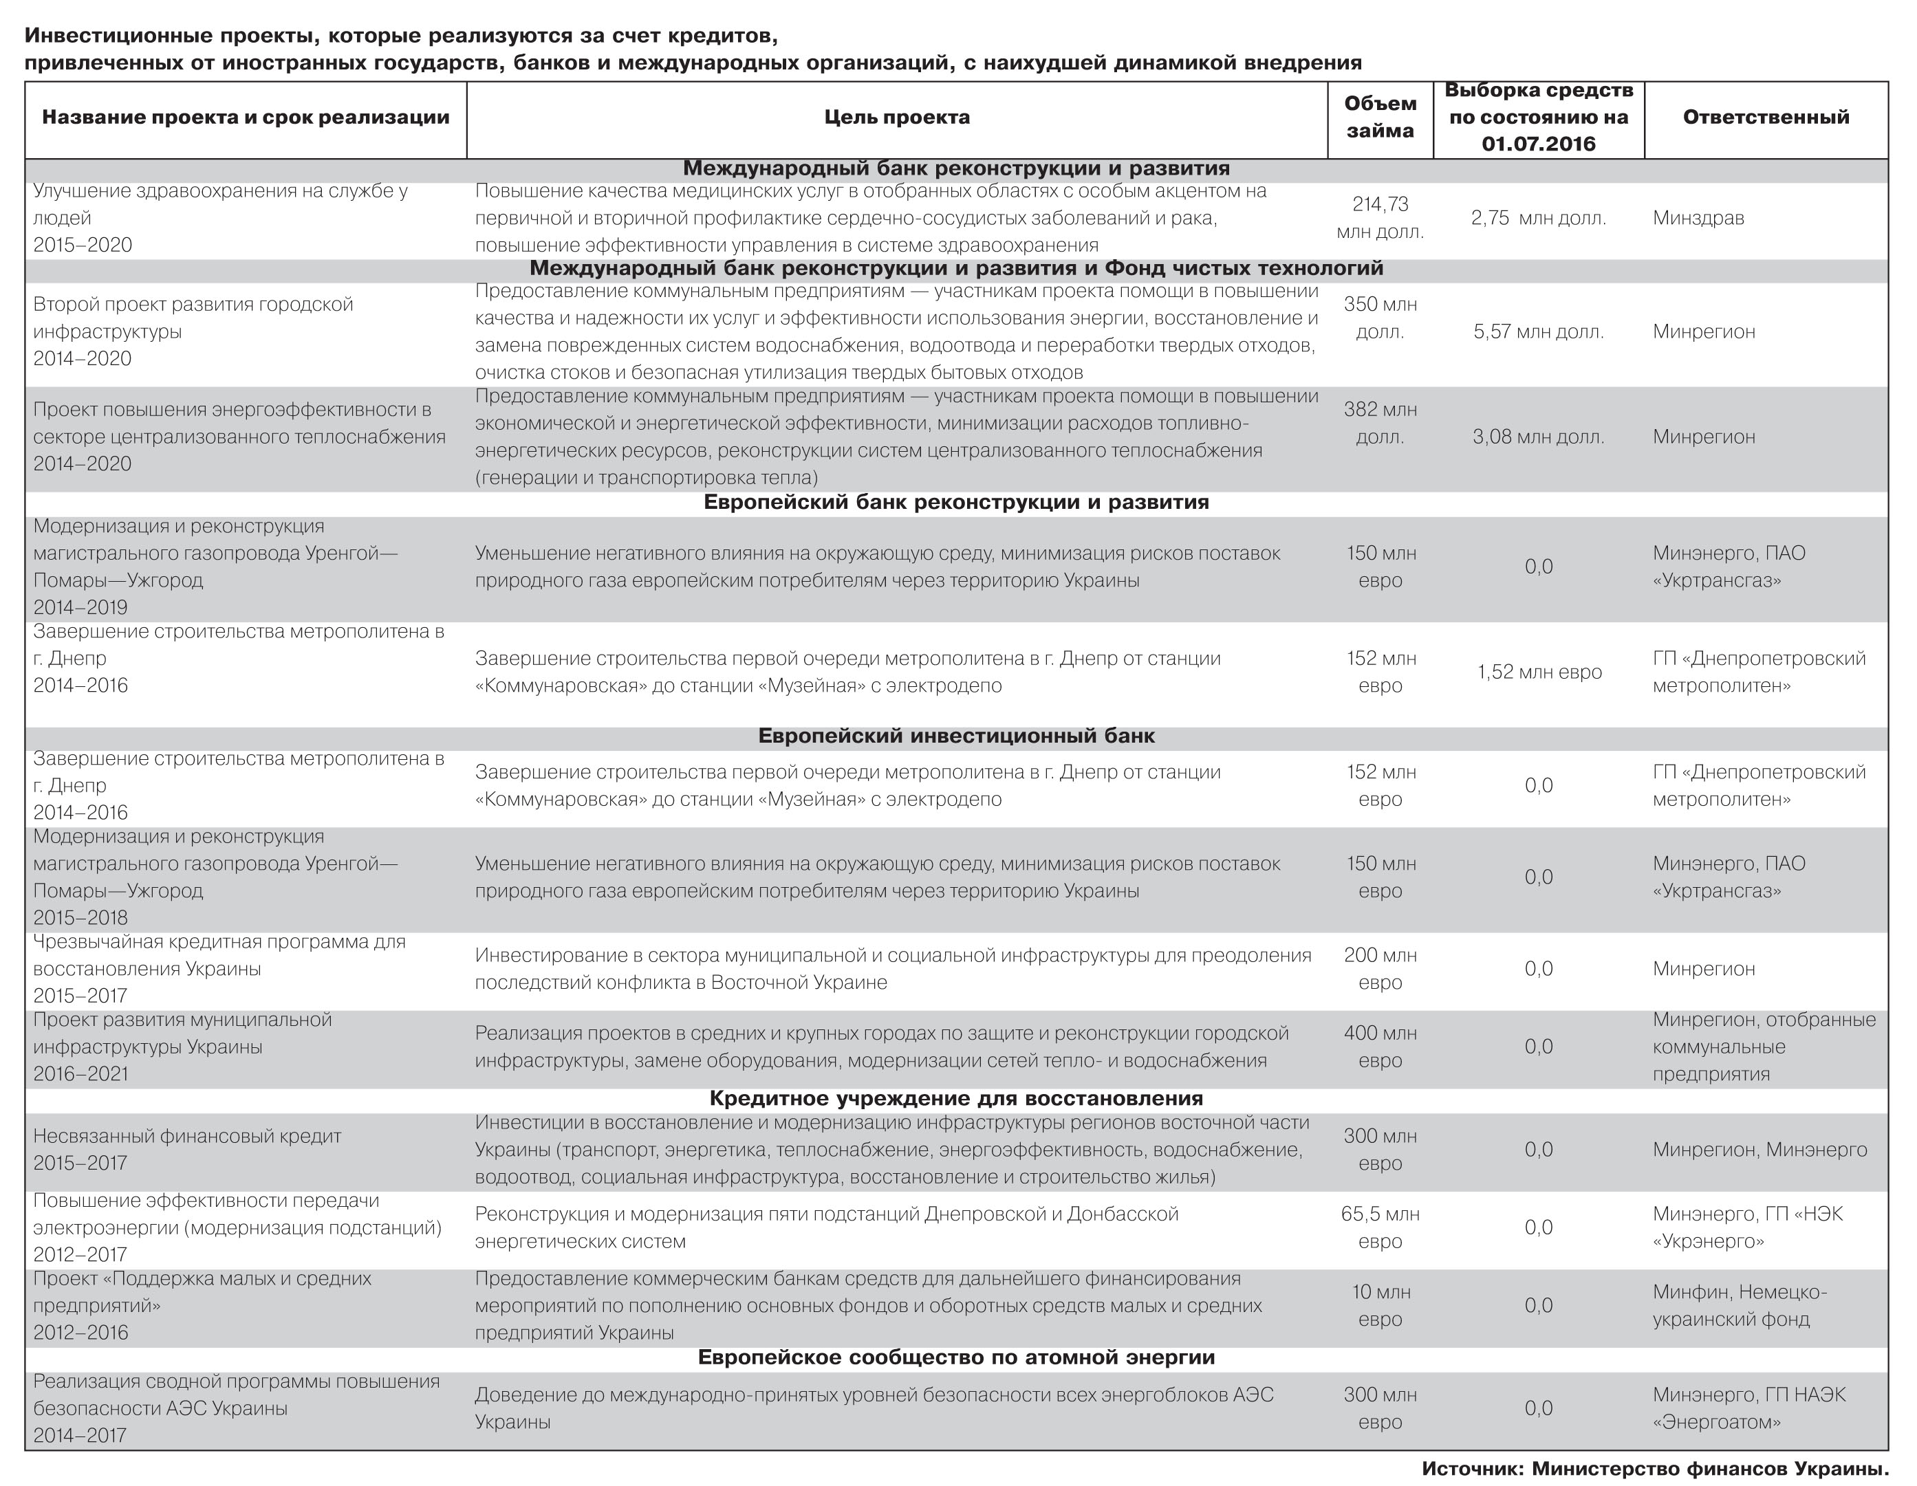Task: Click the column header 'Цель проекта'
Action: click(x=896, y=118)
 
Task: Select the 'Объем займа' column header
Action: click(x=1380, y=118)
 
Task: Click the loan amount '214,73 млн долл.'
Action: click(x=1380, y=218)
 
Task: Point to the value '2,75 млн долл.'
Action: click(x=1538, y=219)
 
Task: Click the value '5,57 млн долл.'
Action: click(x=1538, y=331)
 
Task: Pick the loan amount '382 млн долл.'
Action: click(x=1380, y=423)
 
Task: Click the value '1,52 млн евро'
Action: click(x=1539, y=673)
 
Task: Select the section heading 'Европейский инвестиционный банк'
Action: click(x=956, y=736)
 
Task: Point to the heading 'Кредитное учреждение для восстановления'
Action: click(x=956, y=1099)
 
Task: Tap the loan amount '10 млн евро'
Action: click(x=1380, y=1306)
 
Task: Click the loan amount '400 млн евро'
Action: click(x=1380, y=1047)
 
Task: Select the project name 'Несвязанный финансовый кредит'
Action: click(x=187, y=1137)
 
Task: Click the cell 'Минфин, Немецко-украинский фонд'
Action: click(x=1739, y=1306)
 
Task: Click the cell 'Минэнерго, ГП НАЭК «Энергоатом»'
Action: click(x=1748, y=1409)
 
